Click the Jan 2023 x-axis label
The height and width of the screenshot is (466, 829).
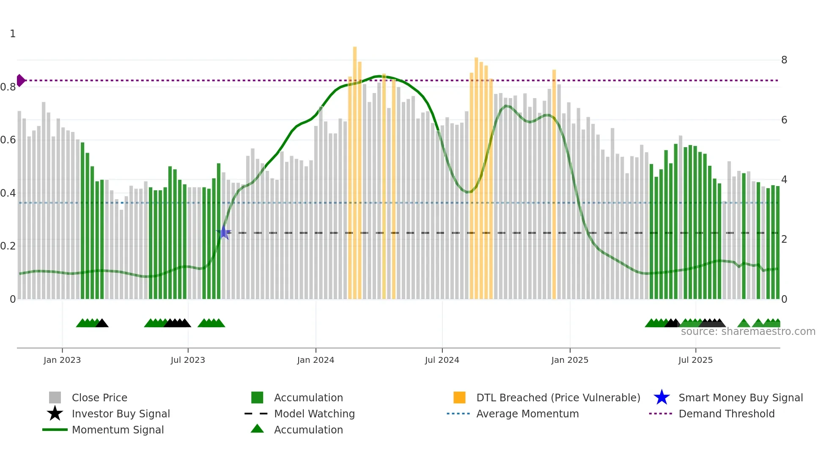(62, 360)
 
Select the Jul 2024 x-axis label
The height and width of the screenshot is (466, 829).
(442, 360)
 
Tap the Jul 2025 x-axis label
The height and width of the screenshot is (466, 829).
(695, 360)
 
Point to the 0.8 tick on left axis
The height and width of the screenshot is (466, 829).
(8, 87)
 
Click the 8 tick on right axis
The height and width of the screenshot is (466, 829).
(784, 60)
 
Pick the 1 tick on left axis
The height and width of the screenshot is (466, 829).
(13, 34)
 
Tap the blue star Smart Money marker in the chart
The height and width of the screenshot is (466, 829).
(224, 233)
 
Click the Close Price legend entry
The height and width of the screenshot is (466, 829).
(99, 397)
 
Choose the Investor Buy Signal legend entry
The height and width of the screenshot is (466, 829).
(121, 414)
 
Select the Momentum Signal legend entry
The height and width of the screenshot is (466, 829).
(118, 430)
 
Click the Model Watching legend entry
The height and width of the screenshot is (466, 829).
(314, 414)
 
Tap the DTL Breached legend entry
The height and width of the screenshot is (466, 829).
(558, 397)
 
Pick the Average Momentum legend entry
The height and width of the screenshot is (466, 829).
(527, 414)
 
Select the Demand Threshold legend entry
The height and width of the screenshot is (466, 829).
(726, 414)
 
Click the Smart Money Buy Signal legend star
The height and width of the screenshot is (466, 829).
(662, 397)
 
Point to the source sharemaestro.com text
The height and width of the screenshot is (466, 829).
(748, 332)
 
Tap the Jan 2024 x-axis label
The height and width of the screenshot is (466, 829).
(316, 360)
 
